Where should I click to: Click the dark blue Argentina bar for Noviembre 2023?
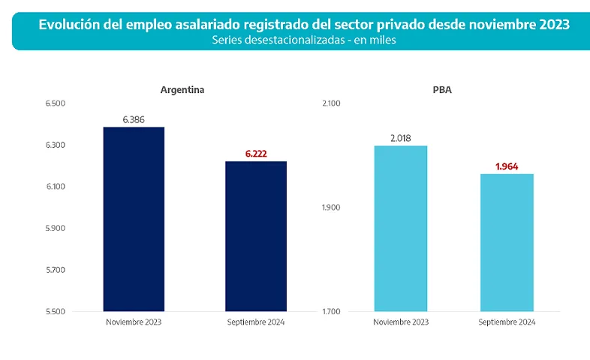tap(134, 219)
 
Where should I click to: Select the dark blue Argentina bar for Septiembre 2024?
tap(256, 236)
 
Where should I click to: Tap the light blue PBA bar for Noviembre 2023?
tap(401, 228)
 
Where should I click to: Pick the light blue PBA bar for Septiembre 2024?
tap(507, 242)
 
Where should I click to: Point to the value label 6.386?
tap(134, 119)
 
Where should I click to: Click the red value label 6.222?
tap(256, 154)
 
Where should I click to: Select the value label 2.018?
tap(401, 138)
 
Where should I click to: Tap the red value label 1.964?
tap(507, 166)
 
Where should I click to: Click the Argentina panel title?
tap(182, 90)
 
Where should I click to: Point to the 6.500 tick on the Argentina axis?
tap(56, 103)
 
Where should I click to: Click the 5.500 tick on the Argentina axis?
tap(56, 311)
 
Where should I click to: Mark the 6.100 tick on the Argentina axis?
tap(56, 187)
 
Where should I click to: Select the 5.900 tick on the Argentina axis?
tap(56, 228)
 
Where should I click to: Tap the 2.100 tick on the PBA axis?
tap(331, 103)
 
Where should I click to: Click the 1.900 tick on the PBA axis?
tap(331, 207)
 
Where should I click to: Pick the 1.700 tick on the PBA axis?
tap(331, 311)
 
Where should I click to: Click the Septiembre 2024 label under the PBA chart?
tap(507, 322)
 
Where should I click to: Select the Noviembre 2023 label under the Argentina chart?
tap(134, 322)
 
